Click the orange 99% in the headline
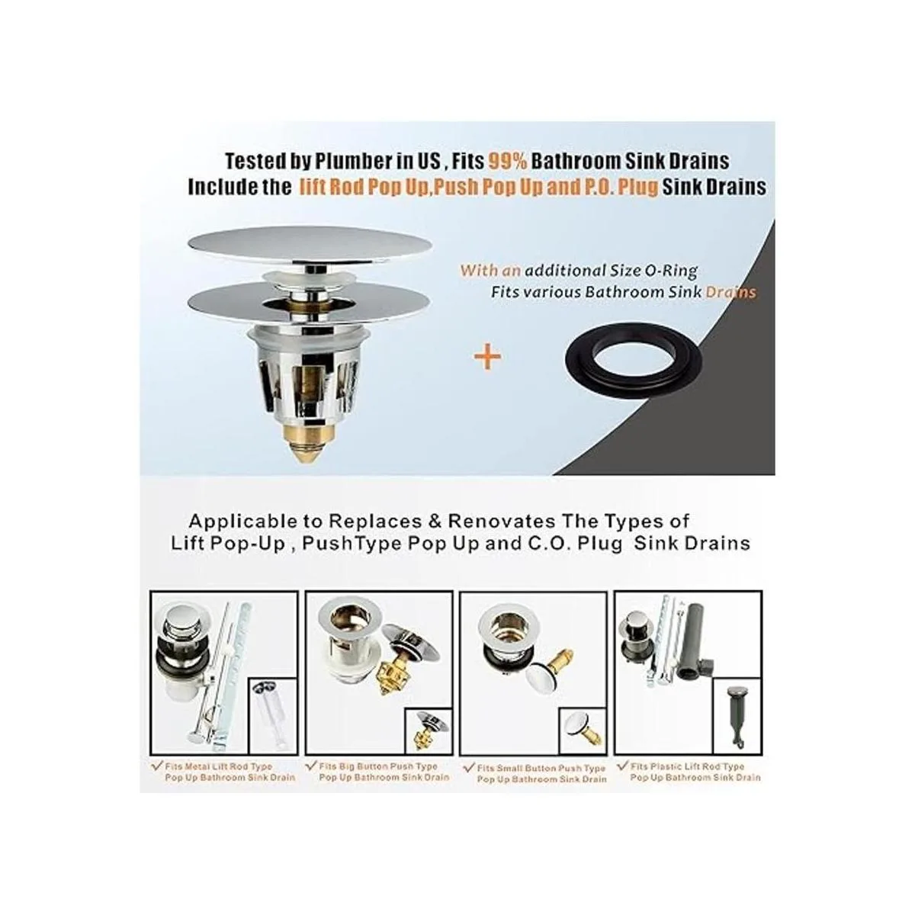508,162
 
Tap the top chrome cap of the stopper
310,245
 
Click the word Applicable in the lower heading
241,522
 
